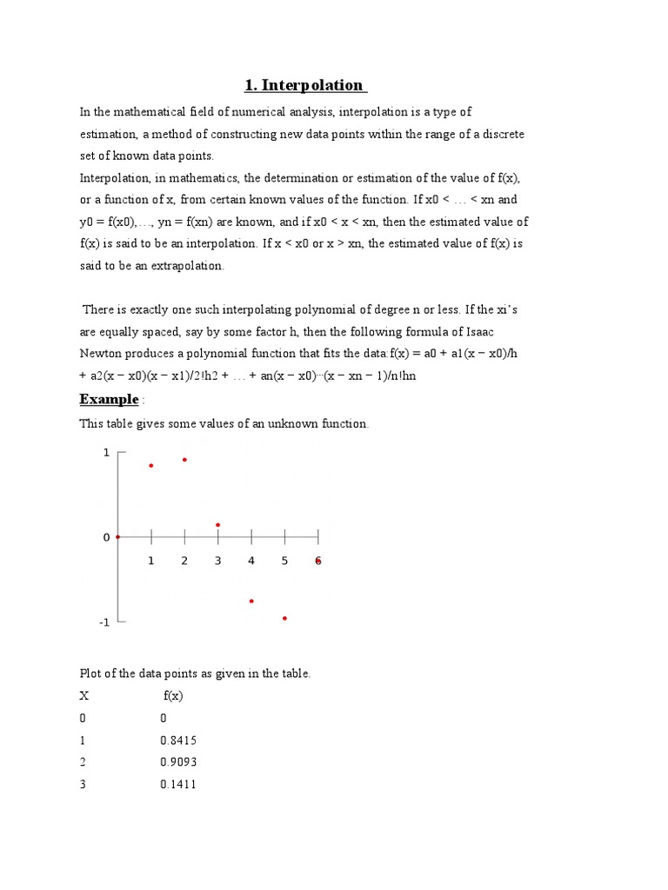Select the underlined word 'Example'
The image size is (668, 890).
[x=109, y=399]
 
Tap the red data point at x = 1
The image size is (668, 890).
[x=151, y=466]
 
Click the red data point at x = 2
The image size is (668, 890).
[x=184, y=460]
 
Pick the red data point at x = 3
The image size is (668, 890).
[x=217, y=525]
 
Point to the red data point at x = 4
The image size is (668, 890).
[x=251, y=601]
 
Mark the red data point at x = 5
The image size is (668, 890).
[x=284, y=618]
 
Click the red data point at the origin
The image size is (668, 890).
[x=117, y=537]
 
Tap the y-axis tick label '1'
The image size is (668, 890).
[x=106, y=453]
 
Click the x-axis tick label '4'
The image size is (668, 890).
[x=251, y=561]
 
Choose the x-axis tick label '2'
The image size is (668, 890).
[x=184, y=561]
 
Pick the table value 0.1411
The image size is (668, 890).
[x=178, y=785]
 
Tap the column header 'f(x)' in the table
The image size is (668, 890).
[x=173, y=696]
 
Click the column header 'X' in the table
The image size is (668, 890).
[x=84, y=696]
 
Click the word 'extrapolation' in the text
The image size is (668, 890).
[x=187, y=266]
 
